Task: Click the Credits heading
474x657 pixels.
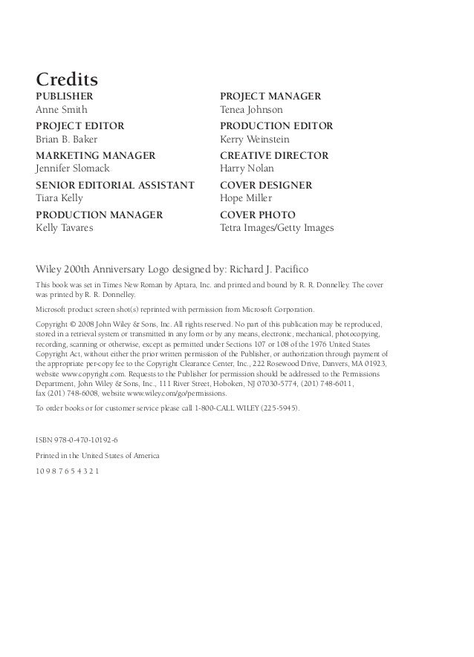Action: (68, 78)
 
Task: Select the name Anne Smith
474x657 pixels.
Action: (62, 110)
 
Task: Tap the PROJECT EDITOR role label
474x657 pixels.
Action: (79, 126)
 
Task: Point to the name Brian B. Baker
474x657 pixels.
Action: (67, 140)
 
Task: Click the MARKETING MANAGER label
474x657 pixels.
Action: (96, 156)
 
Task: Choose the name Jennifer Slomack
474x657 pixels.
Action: (73, 169)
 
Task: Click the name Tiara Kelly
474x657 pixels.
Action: (59, 199)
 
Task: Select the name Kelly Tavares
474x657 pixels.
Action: (65, 228)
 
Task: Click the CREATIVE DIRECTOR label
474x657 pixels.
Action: (274, 156)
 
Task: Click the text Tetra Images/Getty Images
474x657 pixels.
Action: (277, 228)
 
